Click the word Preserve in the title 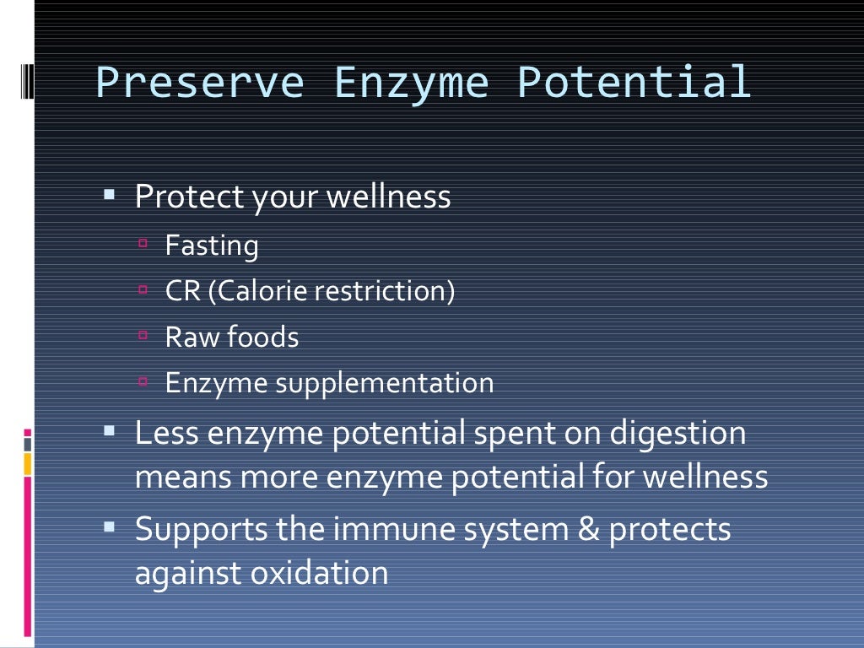pos(200,84)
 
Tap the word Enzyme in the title pos(411,84)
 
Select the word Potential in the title pos(634,84)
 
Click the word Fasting pos(212,246)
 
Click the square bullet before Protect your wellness pos(109,195)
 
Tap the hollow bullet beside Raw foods pos(143,335)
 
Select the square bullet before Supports pos(109,527)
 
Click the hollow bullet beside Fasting pos(143,244)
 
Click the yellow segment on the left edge pos(28,463)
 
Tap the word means pos(184,478)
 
